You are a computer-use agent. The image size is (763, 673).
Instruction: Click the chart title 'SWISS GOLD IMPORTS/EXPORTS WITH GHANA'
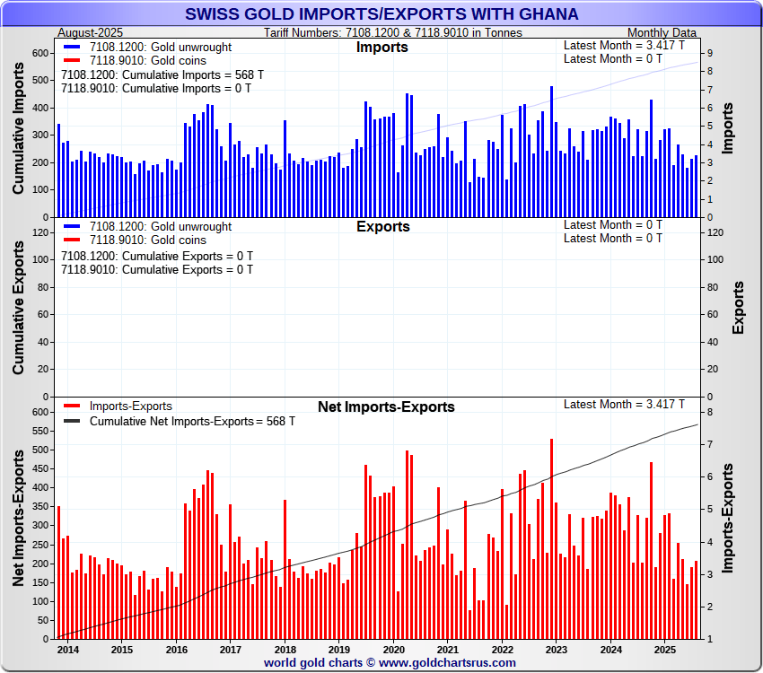coord(381,14)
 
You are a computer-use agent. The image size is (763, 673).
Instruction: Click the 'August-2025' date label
coord(91,32)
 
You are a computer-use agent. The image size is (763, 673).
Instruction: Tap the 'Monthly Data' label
coord(662,32)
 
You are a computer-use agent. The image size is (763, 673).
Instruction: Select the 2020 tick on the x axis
coord(393,650)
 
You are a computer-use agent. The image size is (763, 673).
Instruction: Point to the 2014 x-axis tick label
coord(67,650)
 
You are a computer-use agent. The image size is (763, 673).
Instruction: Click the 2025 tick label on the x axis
coord(664,650)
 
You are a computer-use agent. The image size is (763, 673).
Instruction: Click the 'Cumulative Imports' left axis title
coord(19,132)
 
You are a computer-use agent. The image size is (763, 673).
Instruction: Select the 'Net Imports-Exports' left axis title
coord(19,519)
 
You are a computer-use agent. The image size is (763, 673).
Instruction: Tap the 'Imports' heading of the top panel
coord(382,48)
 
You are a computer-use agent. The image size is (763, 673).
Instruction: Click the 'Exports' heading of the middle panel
coord(382,227)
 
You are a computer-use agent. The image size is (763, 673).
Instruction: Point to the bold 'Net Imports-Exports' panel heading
coord(386,407)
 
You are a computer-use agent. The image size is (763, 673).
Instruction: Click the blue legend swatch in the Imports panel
coord(72,47)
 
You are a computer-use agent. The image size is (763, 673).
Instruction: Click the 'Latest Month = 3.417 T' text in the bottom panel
coord(624,405)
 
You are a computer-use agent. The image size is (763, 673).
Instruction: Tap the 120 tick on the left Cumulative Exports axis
coord(39,232)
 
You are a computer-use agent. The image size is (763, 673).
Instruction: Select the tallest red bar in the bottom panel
coord(551,538)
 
